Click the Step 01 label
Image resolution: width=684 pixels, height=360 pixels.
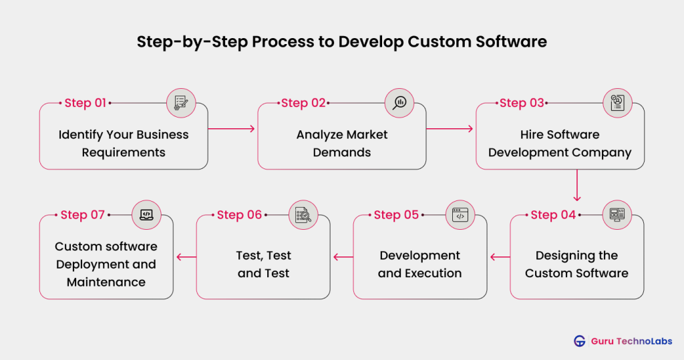(x=85, y=103)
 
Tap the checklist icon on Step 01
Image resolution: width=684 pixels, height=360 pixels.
(x=180, y=103)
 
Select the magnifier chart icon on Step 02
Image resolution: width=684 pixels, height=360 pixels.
(x=399, y=103)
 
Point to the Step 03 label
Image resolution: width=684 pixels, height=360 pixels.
(x=522, y=103)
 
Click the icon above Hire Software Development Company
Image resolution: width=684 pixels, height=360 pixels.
(x=617, y=103)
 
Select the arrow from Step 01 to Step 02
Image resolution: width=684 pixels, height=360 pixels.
(x=232, y=128)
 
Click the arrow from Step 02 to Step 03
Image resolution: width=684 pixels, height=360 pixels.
(x=450, y=128)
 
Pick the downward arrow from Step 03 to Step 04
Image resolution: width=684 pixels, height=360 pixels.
(x=576, y=185)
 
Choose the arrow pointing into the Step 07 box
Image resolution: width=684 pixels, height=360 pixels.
(x=184, y=256)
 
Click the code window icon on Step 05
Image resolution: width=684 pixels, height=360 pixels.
(x=460, y=215)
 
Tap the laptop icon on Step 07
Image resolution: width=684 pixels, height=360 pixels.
(x=146, y=215)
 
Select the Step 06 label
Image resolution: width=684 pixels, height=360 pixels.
(x=240, y=215)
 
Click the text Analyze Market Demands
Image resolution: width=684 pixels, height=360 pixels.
(x=342, y=144)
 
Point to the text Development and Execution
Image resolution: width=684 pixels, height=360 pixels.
(x=419, y=264)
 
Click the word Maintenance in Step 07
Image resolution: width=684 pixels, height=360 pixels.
(x=106, y=283)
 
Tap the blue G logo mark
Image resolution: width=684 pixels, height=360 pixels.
(x=579, y=341)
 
